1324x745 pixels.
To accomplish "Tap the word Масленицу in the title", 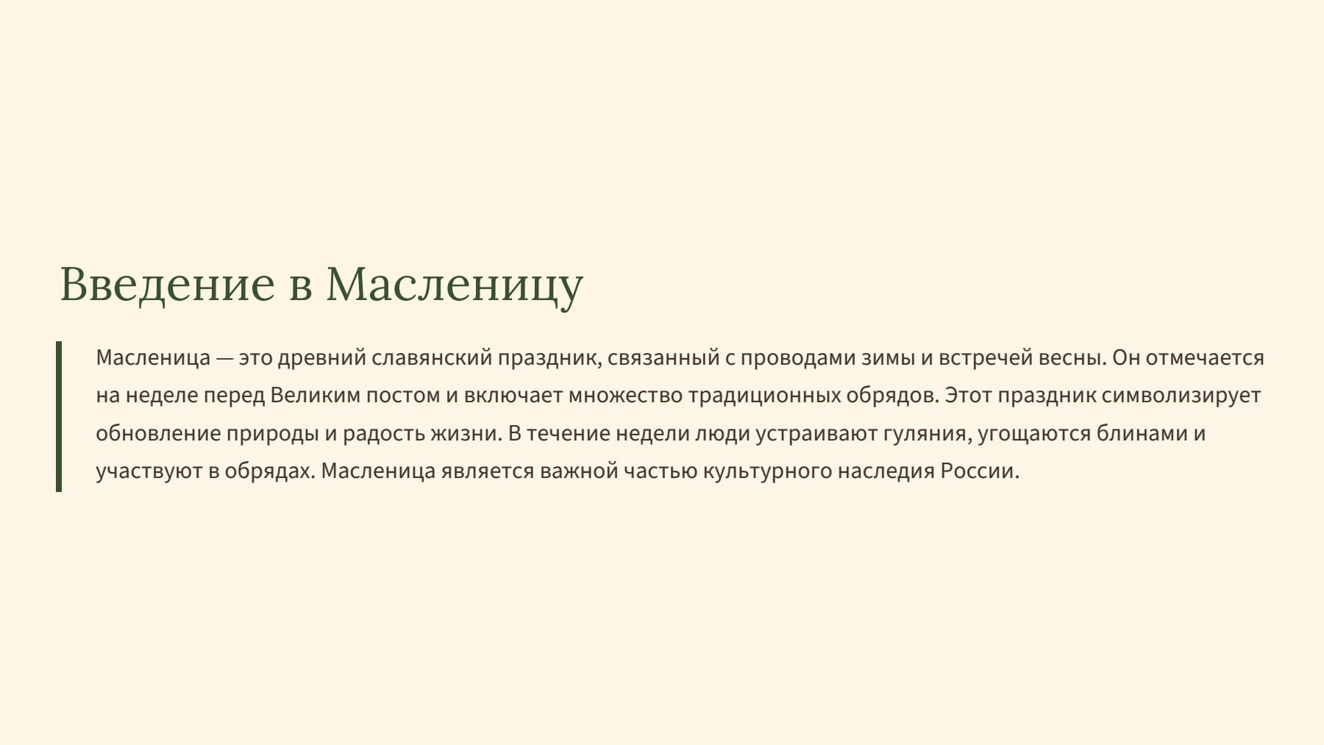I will (454, 284).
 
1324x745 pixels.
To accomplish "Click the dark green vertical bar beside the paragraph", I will (59, 416).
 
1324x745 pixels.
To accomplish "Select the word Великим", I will (316, 396).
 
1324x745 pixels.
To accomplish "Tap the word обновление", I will (157, 433).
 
